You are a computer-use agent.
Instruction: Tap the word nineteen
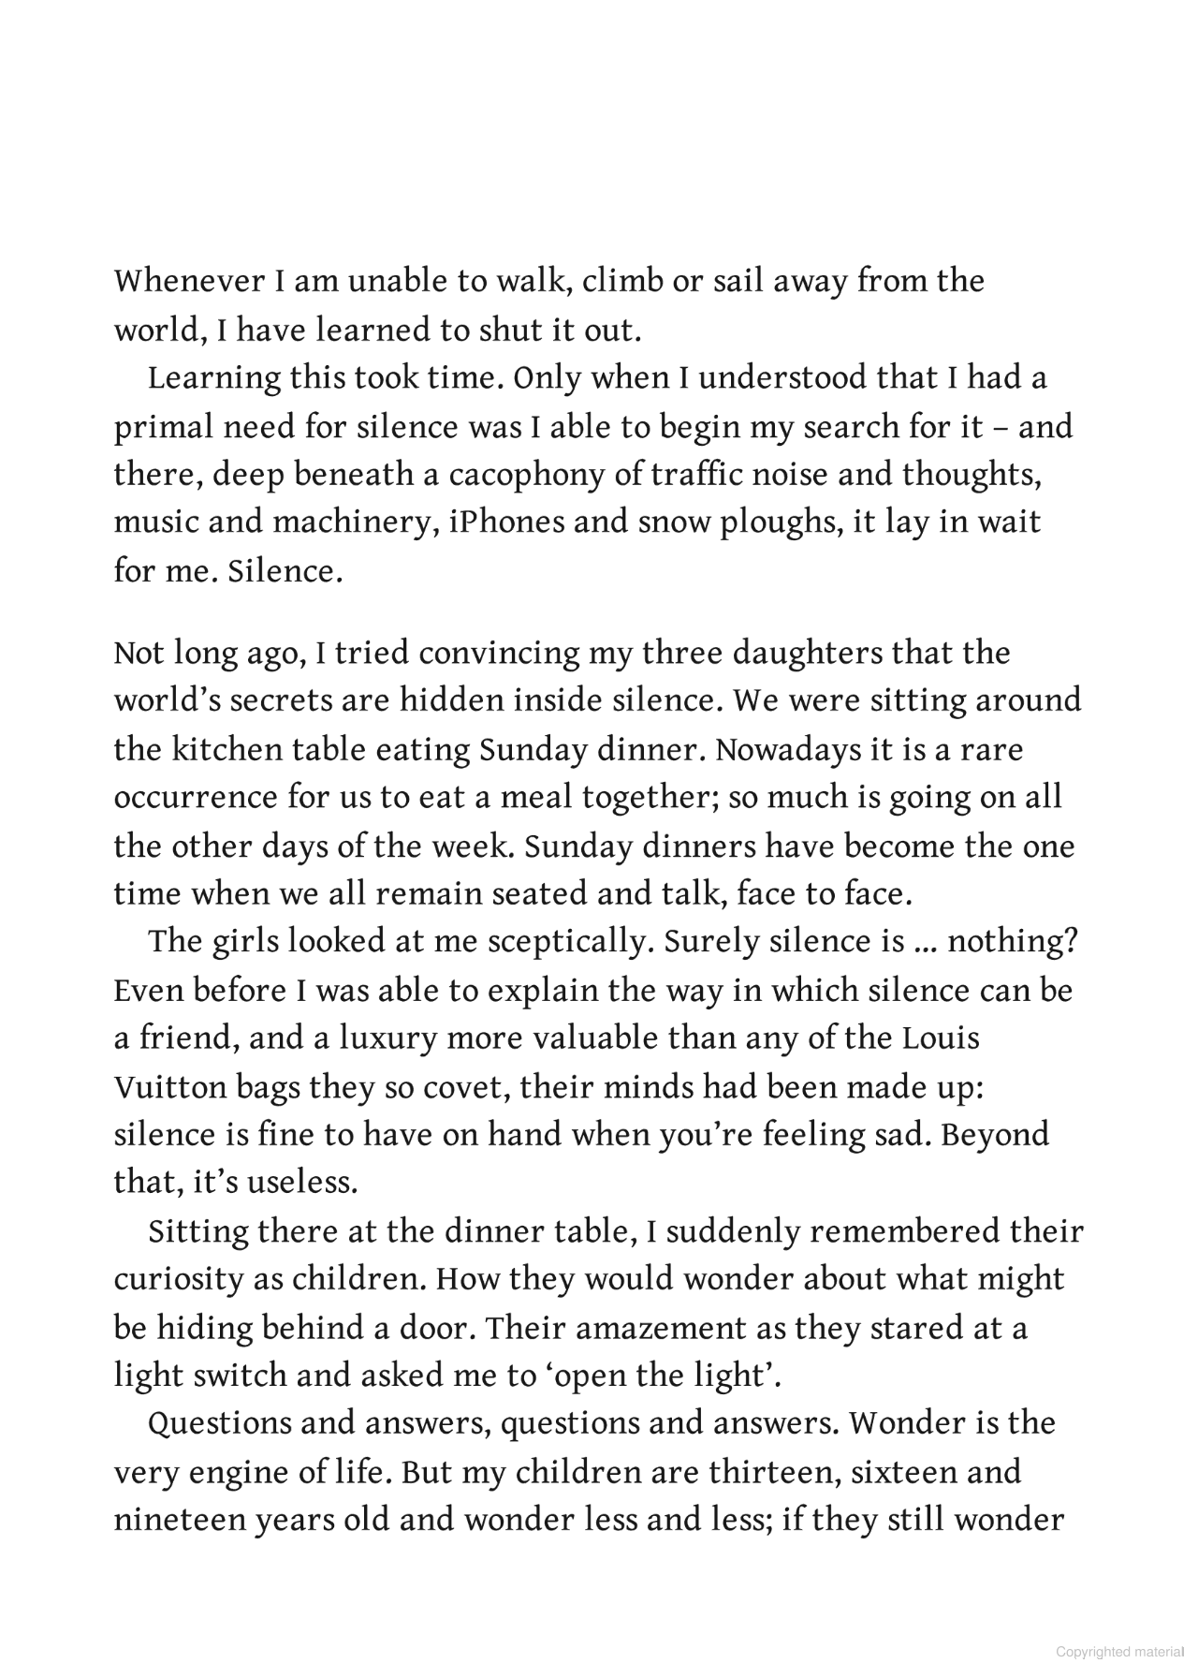tap(177, 1520)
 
